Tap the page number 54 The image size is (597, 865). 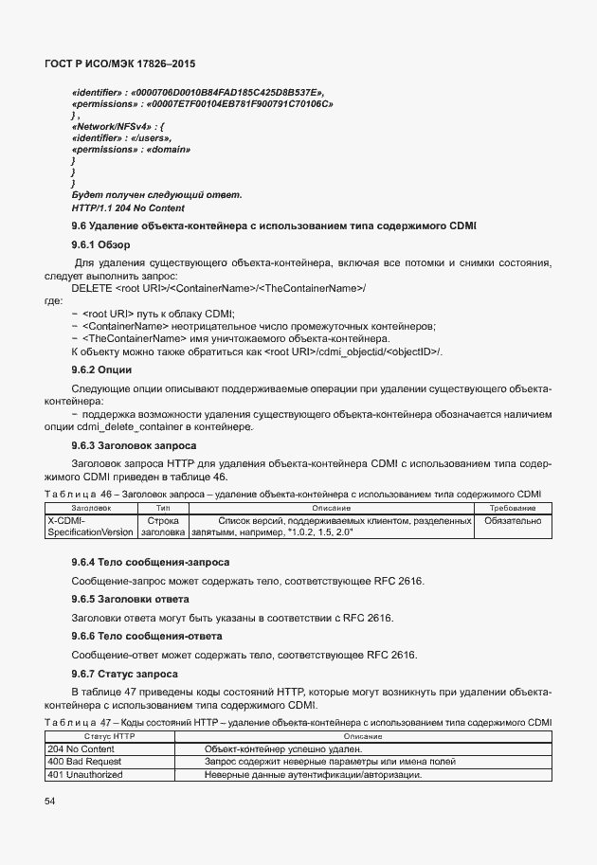click(49, 802)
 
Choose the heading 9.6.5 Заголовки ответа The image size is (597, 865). click(131, 599)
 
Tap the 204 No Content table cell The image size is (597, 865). click(81, 748)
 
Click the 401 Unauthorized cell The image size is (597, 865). click(85, 775)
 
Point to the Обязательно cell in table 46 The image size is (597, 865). click(513, 520)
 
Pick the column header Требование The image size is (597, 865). click(513, 509)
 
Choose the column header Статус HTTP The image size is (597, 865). click(111, 736)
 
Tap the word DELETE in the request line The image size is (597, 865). click(91, 287)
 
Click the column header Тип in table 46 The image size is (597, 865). click(162, 509)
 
